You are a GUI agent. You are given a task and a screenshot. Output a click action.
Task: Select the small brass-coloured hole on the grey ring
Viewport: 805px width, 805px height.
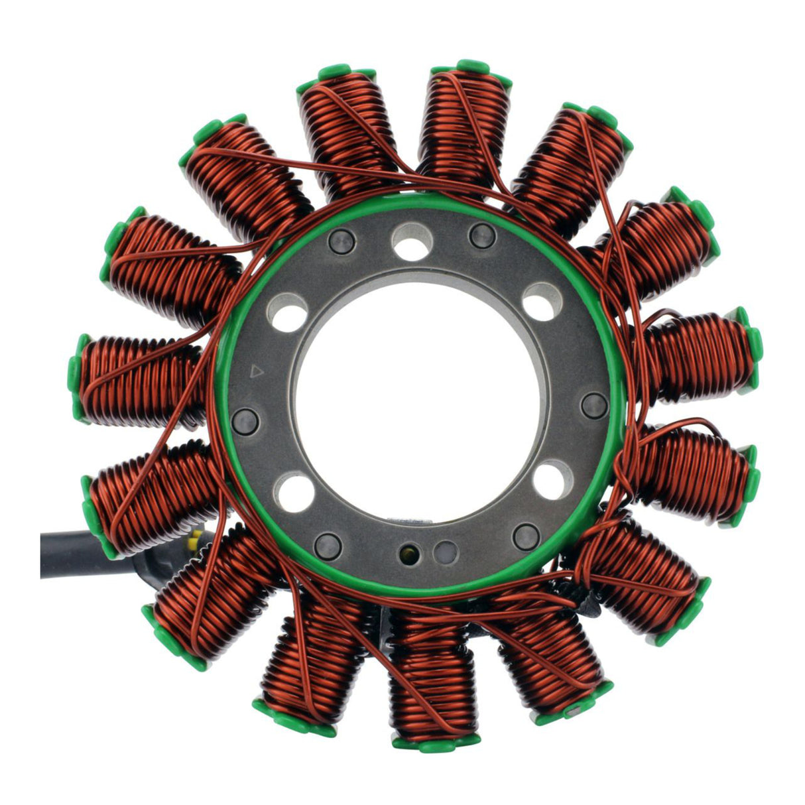coord(406,550)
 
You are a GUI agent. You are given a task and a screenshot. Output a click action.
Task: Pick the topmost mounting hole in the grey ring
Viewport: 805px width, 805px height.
coord(412,241)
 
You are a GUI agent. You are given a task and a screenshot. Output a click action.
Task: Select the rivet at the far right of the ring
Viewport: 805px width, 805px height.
coord(593,405)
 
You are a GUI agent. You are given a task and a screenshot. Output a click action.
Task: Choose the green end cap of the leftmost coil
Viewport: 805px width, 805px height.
coord(78,378)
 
